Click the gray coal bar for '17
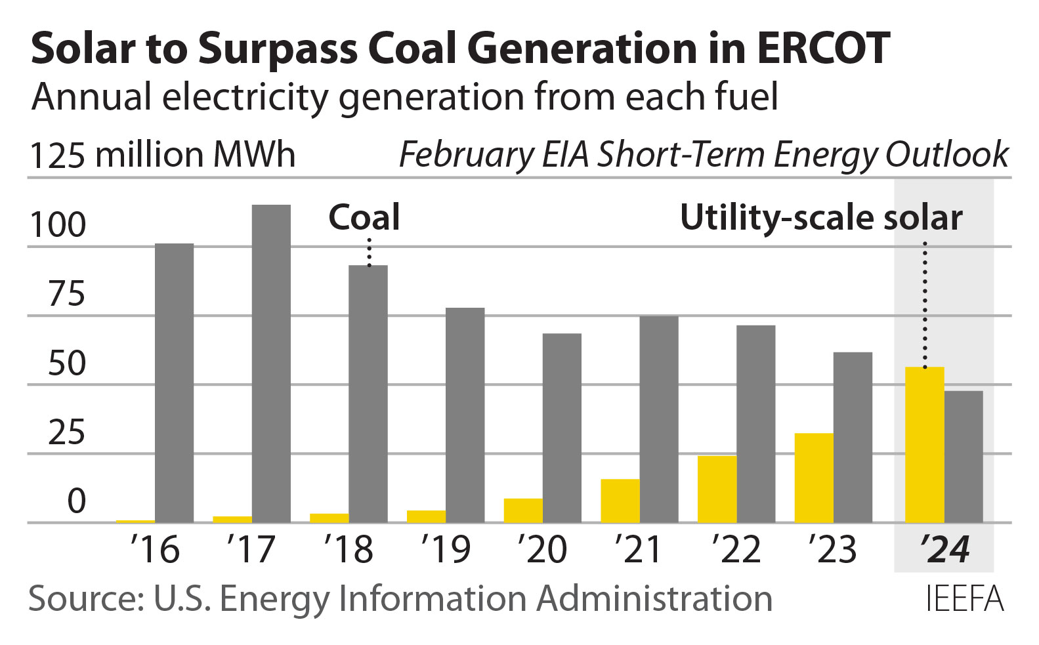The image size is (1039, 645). (x=271, y=364)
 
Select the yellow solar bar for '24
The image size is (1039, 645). (x=924, y=445)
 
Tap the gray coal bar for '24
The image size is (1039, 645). (x=964, y=457)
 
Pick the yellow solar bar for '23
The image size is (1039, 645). (x=814, y=478)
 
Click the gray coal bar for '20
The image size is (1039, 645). (x=562, y=428)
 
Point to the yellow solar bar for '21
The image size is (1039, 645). (x=620, y=501)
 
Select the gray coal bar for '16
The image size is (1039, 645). (x=174, y=383)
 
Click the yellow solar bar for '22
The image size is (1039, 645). (x=717, y=489)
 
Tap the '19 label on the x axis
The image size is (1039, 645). (x=446, y=549)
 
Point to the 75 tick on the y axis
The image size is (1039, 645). (x=66, y=294)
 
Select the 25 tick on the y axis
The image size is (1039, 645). (x=66, y=432)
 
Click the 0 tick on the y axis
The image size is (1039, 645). (x=76, y=502)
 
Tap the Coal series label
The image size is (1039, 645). (x=364, y=217)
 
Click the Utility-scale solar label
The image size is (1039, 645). (x=820, y=217)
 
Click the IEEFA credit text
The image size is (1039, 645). (x=964, y=598)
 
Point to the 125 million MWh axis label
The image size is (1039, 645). (x=163, y=156)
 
